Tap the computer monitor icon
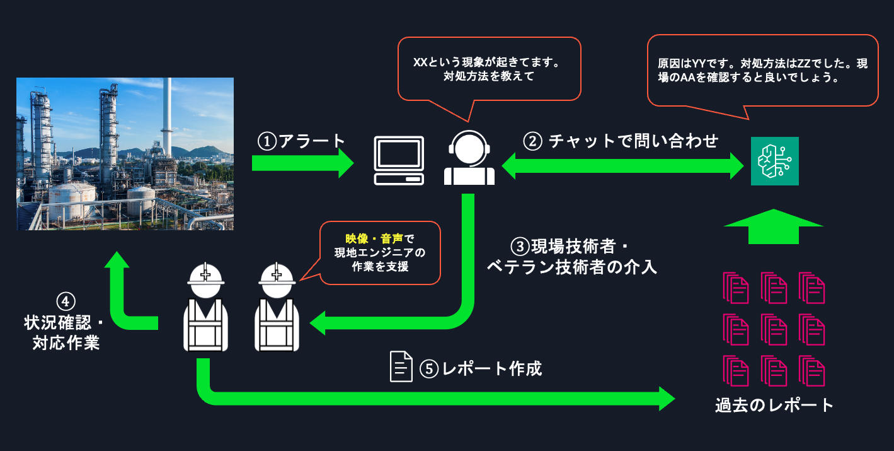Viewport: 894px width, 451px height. [x=398, y=160]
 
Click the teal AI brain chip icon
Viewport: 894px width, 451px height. [x=774, y=161]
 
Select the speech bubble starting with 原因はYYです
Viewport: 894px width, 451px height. [x=762, y=71]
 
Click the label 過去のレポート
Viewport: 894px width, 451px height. [x=774, y=405]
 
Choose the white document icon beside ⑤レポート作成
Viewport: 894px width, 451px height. [x=401, y=366]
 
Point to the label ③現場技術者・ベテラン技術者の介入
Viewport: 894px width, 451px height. [x=572, y=256]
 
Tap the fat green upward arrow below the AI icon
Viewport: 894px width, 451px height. [x=774, y=226]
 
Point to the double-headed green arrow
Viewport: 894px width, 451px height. [x=623, y=167]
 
